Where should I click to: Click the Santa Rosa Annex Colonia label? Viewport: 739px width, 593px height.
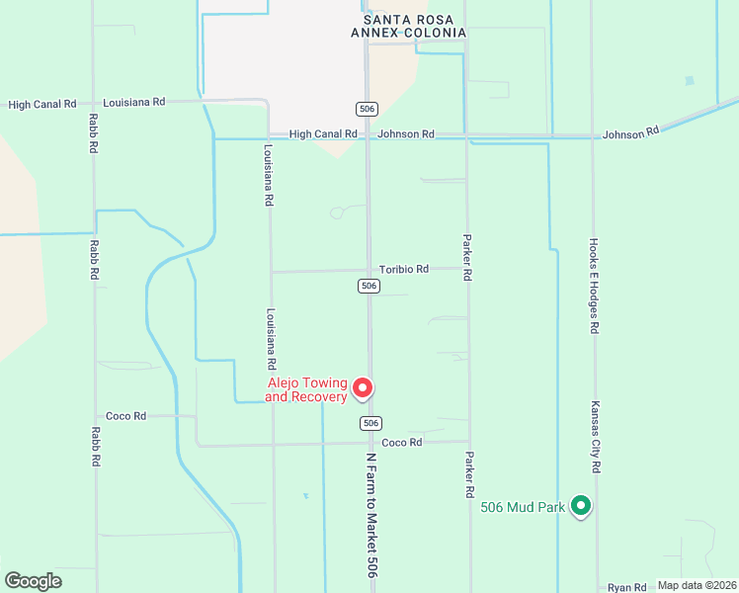408,26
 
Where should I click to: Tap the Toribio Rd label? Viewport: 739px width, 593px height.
404,269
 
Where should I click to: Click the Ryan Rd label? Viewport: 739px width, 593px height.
626,587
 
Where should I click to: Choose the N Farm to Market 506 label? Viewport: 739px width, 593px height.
371,516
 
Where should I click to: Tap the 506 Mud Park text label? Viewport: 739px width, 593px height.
523,507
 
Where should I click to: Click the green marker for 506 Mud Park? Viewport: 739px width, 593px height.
581,506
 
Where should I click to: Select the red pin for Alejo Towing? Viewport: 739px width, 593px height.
363,388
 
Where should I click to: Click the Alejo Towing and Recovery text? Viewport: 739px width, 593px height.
307,389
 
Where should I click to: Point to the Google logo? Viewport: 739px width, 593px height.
33,581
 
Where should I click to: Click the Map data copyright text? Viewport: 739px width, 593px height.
697,585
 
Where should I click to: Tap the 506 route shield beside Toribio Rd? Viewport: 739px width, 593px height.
368,286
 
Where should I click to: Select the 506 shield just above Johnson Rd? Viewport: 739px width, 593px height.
368,108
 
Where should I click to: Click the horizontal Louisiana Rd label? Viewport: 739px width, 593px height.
133,102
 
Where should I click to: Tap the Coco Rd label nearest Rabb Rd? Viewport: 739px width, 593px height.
126,416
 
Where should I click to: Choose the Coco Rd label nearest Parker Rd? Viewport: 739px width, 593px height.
402,442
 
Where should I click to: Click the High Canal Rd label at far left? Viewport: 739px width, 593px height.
42,104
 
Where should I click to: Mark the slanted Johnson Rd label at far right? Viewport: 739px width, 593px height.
630,132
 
